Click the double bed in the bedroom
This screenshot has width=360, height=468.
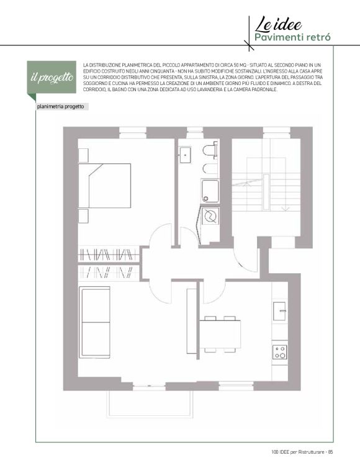[104, 186]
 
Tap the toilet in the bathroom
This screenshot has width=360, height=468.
[210, 150]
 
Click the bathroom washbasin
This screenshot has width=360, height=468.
[185, 155]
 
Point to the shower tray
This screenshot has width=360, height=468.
[210, 191]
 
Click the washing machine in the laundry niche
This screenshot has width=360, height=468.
[210, 216]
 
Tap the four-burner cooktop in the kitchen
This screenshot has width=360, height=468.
[280, 352]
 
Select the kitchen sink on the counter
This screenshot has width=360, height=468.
[279, 312]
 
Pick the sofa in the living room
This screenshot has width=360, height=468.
[94, 322]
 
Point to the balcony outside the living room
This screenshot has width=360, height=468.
[149, 403]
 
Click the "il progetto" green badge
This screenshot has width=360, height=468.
[52, 78]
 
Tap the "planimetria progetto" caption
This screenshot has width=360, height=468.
[60, 107]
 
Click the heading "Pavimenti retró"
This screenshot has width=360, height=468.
[292, 38]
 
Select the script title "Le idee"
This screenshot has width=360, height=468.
[278, 24]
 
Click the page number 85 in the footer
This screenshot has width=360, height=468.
[330, 452]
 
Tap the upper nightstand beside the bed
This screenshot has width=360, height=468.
[83, 155]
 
